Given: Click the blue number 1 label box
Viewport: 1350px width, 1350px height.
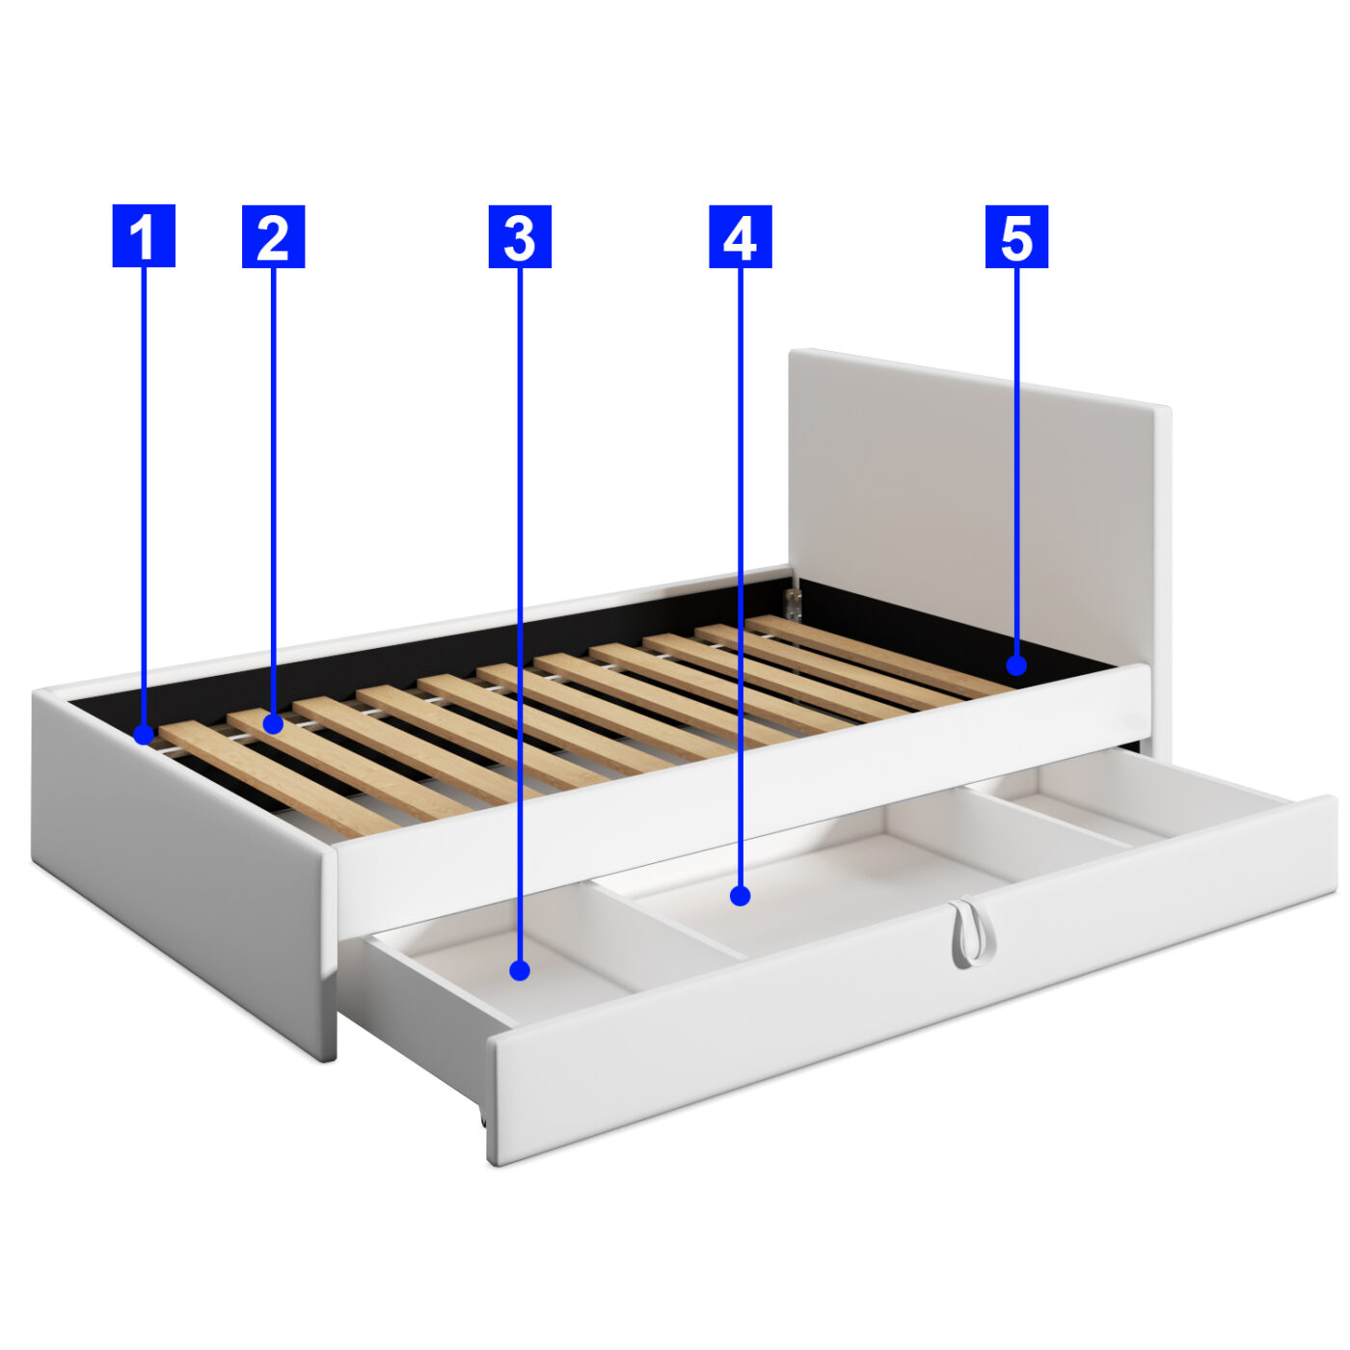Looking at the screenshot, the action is point(144,235).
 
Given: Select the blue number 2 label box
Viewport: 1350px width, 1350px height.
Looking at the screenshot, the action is point(273,236).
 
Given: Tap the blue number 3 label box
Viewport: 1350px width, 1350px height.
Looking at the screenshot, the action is point(520,236).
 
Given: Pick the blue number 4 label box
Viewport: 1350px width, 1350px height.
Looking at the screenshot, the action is point(741,236).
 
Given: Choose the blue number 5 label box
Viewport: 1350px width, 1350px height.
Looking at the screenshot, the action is point(1016,236).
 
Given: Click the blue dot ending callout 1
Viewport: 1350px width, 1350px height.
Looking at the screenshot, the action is point(144,735).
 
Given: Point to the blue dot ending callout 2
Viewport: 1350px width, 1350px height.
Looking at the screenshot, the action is point(273,723).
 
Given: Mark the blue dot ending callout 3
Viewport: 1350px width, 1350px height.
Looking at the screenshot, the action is point(520,970).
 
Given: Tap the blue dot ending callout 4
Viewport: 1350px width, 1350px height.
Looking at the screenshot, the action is point(741,896).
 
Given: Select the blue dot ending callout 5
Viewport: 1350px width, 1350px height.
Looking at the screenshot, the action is point(1016,664).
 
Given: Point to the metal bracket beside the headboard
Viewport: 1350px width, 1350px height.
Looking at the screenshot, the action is point(793,604).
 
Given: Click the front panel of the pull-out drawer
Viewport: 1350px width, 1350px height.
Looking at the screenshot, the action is point(910,981).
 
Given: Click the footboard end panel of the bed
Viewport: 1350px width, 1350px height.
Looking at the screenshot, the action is point(183,869).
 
